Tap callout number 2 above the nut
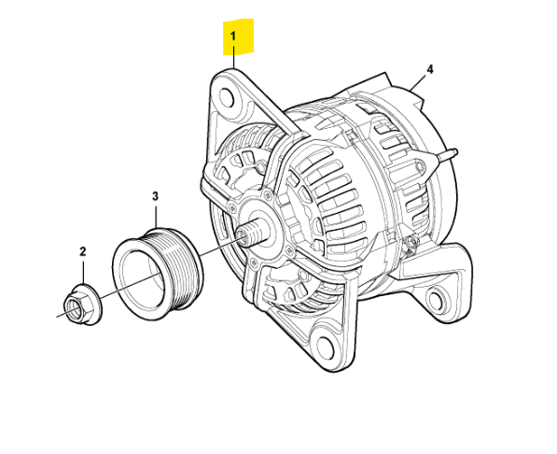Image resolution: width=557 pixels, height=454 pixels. [x=82, y=251]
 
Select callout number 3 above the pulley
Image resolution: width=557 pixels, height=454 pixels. [x=156, y=196]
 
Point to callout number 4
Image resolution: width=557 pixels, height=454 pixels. [x=430, y=70]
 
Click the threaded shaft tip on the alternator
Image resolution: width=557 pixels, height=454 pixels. [x=244, y=235]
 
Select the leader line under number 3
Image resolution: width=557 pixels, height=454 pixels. [x=156, y=215]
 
